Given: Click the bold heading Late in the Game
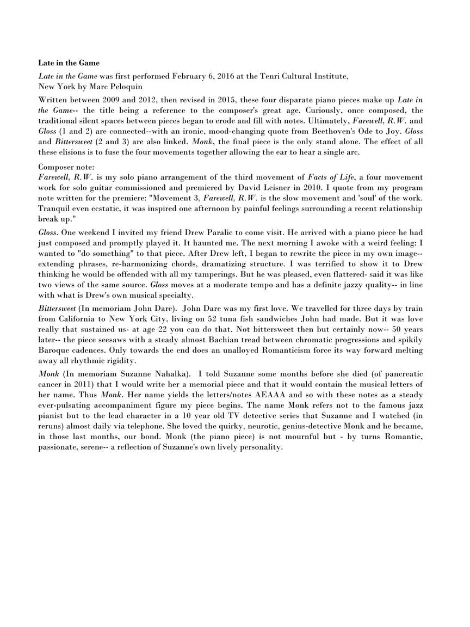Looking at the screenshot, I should pyautogui.click(x=69, y=63).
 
